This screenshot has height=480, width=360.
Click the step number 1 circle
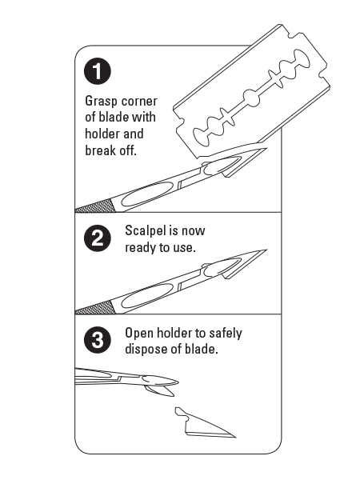click(98, 71)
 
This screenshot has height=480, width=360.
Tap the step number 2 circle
click(98, 238)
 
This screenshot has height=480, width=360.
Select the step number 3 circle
click(98, 340)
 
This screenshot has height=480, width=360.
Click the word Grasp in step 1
click(101, 102)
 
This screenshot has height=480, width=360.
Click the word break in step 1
click(100, 150)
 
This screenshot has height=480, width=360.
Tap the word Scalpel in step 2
click(145, 231)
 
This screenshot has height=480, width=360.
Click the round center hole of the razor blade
click(252, 98)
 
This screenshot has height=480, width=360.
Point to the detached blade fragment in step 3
click(202, 424)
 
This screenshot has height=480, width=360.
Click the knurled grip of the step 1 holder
click(95, 206)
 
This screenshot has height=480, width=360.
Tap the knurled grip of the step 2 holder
click(95, 308)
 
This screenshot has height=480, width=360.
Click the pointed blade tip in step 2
click(266, 250)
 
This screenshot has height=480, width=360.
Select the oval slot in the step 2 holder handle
click(147, 296)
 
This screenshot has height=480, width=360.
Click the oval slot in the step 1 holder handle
click(147, 194)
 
